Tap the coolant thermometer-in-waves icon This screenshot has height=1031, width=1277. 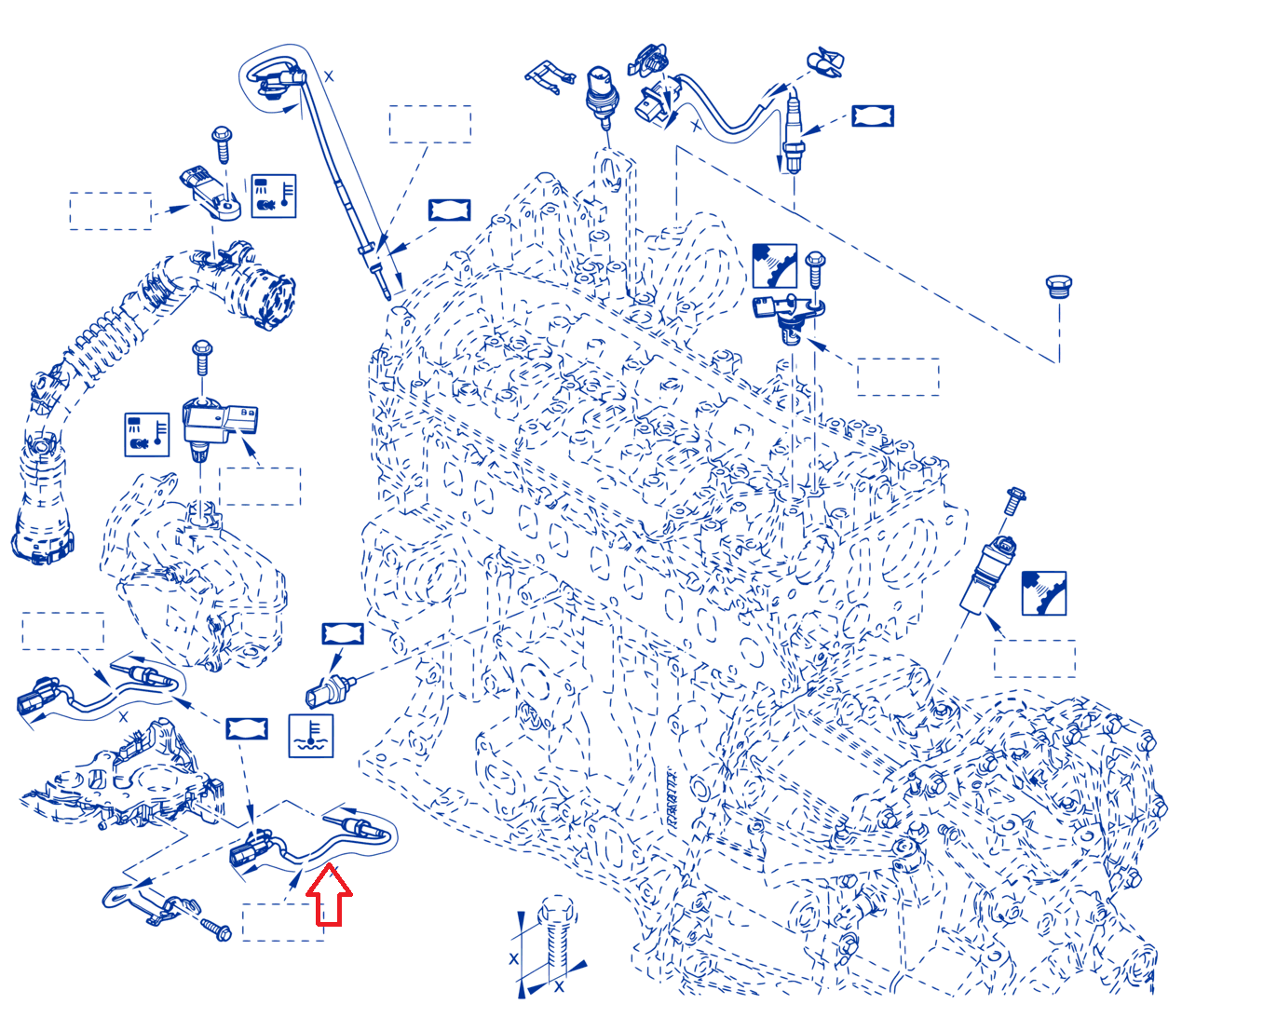(310, 736)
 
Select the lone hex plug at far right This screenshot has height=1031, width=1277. (1058, 286)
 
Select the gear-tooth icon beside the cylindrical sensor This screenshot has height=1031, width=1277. (1043, 593)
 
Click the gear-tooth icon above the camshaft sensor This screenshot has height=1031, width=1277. (774, 265)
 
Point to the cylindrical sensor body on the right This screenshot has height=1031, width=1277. (986, 576)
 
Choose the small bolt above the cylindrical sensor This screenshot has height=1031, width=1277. (1013, 500)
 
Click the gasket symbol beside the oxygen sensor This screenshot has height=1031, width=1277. (873, 115)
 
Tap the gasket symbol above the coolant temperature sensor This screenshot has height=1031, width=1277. (343, 633)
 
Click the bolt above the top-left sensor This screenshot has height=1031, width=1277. (222, 143)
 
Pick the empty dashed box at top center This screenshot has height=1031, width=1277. (430, 124)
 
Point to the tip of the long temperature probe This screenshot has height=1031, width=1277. (387, 296)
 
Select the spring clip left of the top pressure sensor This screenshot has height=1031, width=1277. (549, 76)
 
